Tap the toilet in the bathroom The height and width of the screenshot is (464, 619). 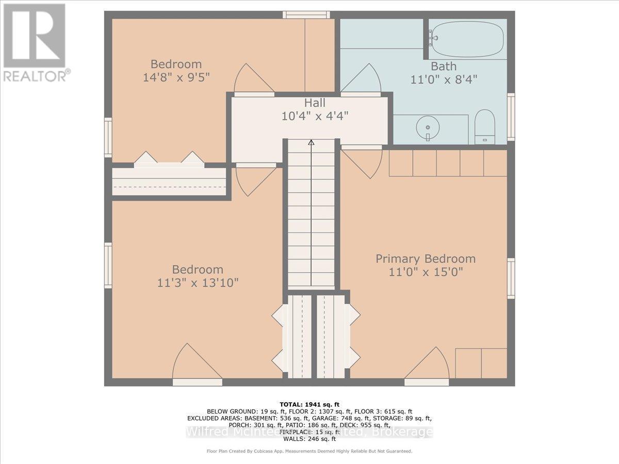pyautogui.click(x=484, y=127)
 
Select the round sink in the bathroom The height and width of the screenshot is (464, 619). pyautogui.click(x=428, y=127)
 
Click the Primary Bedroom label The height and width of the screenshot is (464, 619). pyautogui.click(x=425, y=259)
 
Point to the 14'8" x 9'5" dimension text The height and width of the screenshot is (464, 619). pyautogui.click(x=176, y=77)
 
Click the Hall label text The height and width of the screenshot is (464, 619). pyautogui.click(x=315, y=103)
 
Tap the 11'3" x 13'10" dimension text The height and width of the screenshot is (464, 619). pyautogui.click(x=198, y=283)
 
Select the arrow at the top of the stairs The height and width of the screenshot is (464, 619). pyautogui.click(x=311, y=142)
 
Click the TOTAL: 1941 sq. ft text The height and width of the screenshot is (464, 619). pyautogui.click(x=309, y=404)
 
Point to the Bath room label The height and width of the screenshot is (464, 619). pyautogui.click(x=444, y=66)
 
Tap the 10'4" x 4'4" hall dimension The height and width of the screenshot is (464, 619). pyautogui.click(x=315, y=116)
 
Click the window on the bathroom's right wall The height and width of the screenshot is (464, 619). pyautogui.click(x=511, y=117)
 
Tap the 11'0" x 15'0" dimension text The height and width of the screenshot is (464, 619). pyautogui.click(x=425, y=272)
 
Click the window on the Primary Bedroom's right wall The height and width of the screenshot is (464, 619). pyautogui.click(x=511, y=278)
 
